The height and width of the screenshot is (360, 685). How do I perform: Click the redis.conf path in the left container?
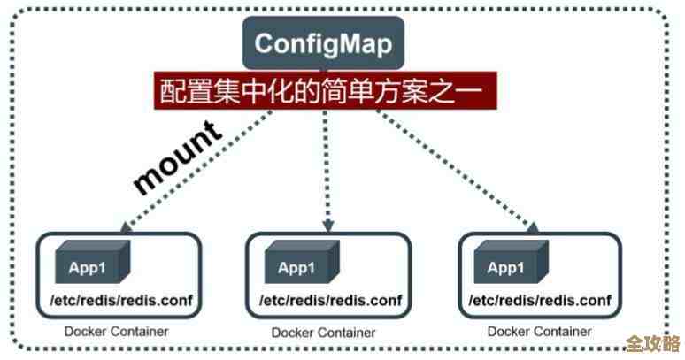pyautogui.click(x=116, y=301)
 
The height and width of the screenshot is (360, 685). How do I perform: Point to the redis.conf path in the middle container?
pyautogui.click(x=327, y=301)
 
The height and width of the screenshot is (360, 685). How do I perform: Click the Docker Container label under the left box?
pyautogui.click(x=116, y=332)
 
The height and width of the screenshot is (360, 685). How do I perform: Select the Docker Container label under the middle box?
pyautogui.click(x=324, y=333)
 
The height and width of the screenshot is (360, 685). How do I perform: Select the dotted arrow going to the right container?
pyautogui.click(x=460, y=168)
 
